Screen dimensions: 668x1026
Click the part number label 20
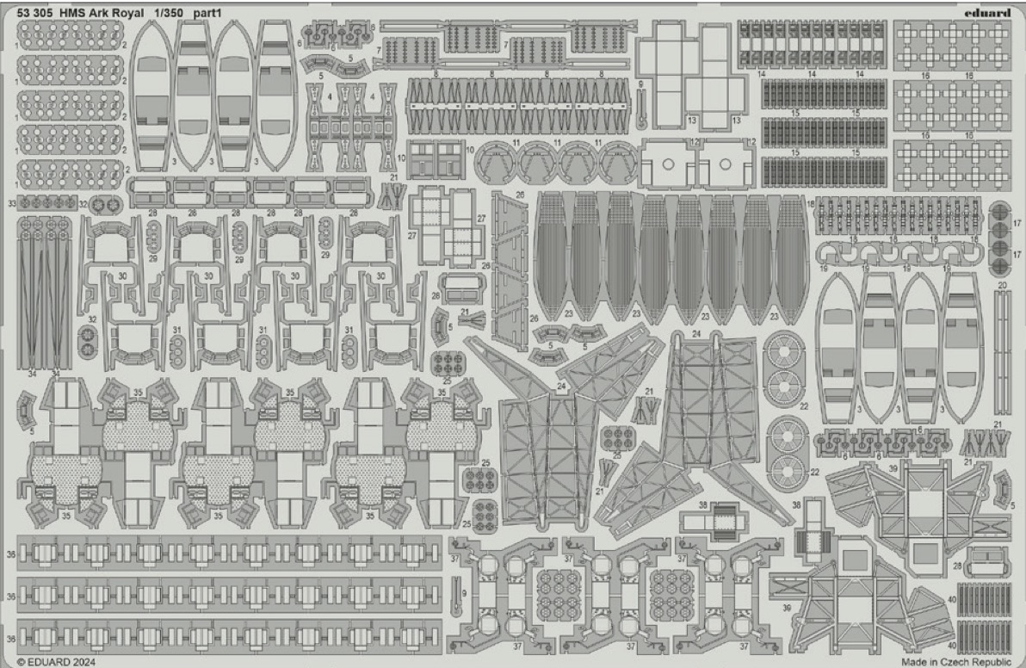pos(1002,284)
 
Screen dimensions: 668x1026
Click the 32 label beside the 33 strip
pos(83,204)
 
